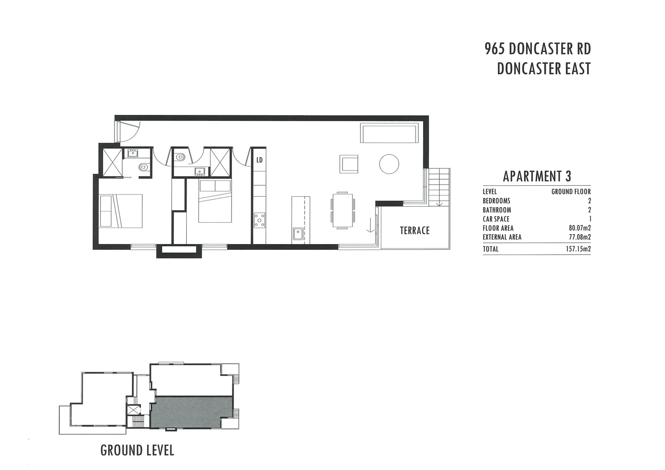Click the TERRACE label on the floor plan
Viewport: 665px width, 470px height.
point(414,230)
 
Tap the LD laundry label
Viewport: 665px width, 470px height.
point(259,160)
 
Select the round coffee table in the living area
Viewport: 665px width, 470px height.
point(389,164)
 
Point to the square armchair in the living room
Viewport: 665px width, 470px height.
point(349,164)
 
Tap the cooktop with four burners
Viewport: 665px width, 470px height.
point(259,220)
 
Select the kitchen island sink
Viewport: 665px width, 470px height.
point(298,234)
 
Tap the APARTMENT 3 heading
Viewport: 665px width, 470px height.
point(537,176)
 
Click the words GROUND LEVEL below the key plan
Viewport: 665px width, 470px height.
point(137,450)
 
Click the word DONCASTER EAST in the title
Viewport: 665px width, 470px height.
point(544,69)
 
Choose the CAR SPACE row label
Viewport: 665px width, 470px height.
point(496,219)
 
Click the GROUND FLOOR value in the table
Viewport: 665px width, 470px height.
point(571,191)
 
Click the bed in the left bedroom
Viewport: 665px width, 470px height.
point(121,211)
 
